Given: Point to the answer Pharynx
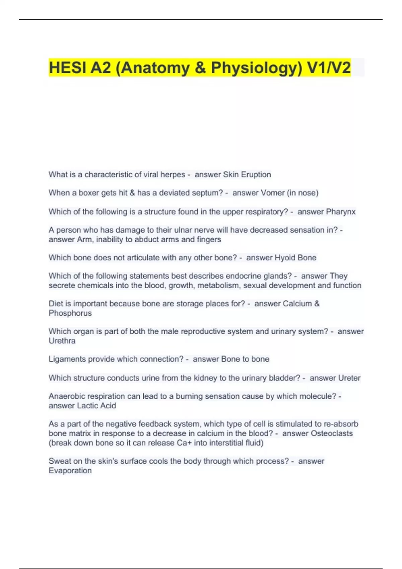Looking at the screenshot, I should point(341,212).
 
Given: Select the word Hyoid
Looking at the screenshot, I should point(285,258).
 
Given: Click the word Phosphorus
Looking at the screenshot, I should point(70,313).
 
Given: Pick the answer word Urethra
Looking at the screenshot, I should point(62,341).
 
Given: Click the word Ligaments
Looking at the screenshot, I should point(66,359).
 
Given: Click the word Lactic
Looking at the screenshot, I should point(87,406).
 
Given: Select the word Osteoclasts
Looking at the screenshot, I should point(332,433).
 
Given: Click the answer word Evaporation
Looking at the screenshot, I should point(70,471).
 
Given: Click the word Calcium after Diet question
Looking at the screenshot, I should point(297,304).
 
